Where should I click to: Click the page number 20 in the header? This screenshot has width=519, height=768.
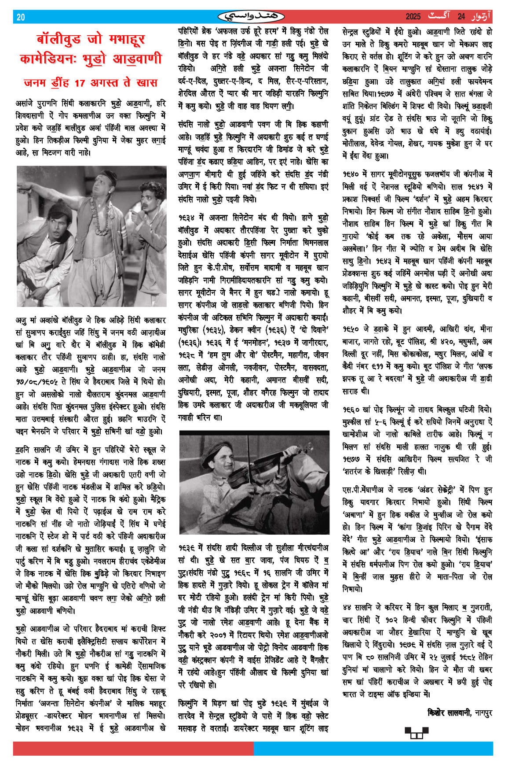pos(21,17)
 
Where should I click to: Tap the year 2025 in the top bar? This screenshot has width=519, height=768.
pos(413,17)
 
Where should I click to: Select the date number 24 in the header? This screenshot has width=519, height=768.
pos(461,17)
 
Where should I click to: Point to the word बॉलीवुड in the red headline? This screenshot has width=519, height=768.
pos(58,40)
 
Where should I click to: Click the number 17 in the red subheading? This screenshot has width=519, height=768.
pos(80,82)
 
